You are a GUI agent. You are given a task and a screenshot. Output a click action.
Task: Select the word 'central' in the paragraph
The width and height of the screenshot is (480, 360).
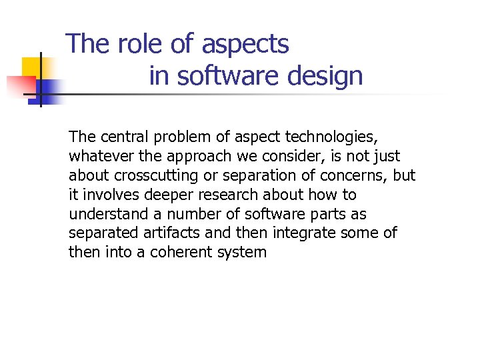124,137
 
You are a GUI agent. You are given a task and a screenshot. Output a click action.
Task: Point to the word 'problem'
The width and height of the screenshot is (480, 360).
177,137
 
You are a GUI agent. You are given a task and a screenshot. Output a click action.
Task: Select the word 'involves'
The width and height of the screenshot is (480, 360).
107,195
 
